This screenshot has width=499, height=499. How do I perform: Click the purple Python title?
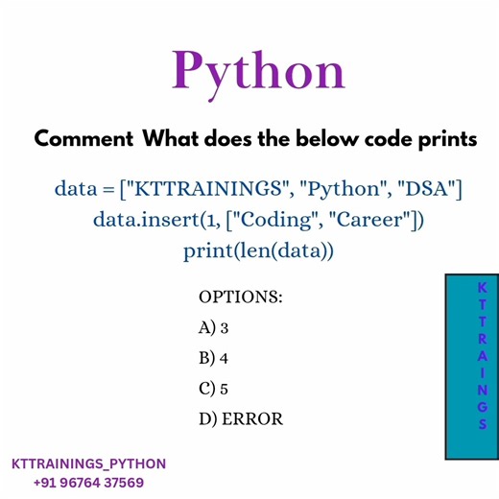tap(257, 71)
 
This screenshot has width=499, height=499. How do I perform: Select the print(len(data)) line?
tap(256, 251)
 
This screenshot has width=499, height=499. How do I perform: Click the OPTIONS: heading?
tap(240, 297)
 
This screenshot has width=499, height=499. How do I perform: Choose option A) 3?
tap(214, 328)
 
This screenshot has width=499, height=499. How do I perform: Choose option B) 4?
tap(214, 359)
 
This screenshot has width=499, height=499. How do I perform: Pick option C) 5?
tap(214, 389)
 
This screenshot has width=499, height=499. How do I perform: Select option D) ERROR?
tap(241, 419)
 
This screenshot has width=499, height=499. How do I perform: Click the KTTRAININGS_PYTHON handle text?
tap(88, 464)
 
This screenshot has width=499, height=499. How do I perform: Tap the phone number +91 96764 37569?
tap(88, 483)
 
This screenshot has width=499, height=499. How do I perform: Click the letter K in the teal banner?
tap(482, 287)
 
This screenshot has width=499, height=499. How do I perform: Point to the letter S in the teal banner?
tap(482, 423)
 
